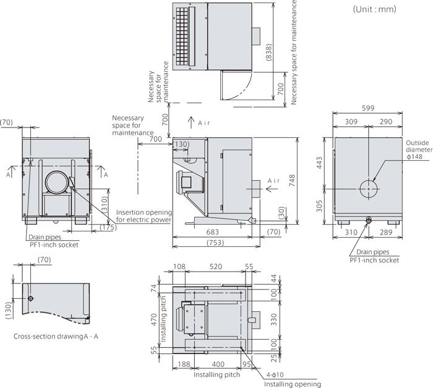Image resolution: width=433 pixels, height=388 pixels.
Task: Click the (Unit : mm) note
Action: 374,9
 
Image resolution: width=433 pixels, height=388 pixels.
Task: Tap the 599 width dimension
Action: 368,108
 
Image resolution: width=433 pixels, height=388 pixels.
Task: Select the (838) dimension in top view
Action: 268,52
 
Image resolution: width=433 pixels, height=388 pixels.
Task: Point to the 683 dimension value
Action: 212,232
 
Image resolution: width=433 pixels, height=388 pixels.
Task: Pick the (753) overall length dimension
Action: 215,243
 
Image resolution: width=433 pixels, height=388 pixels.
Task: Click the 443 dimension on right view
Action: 319,163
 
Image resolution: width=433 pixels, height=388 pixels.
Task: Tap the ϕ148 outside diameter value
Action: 414,157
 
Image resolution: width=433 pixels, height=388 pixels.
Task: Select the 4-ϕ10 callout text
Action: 275,375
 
